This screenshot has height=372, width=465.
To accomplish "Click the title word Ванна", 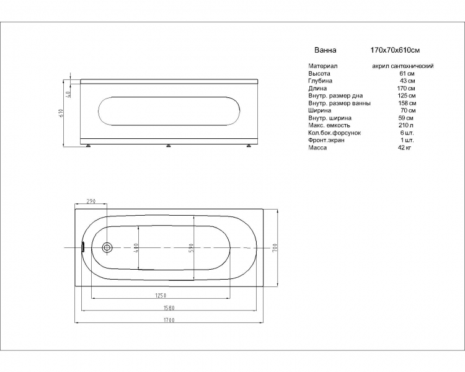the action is (325, 50).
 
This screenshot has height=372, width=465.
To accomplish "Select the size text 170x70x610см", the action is (395, 50).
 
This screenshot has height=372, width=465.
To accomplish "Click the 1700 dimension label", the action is (169, 320).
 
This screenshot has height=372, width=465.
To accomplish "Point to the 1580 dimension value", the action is (169, 308).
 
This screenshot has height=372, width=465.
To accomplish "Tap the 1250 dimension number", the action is (161, 295).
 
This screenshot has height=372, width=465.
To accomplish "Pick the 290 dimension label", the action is (91, 201).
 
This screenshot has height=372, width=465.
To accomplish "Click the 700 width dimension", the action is (275, 247).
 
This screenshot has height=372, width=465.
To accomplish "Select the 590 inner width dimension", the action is (192, 247).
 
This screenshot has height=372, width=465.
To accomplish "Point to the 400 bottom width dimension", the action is (136, 247).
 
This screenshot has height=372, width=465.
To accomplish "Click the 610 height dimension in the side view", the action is (61, 113).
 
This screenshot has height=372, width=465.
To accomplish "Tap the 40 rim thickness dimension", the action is (68, 95).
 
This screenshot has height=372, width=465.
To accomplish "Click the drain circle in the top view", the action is (107, 247).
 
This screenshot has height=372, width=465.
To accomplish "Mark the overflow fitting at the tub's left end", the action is (83, 247).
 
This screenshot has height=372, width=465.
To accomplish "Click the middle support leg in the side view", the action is (169, 145).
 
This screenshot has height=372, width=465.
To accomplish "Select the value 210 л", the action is (406, 125).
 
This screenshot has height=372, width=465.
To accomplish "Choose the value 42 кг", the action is (404, 148).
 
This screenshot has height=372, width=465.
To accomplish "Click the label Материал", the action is (322, 66).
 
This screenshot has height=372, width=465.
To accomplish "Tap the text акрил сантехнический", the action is (403, 66).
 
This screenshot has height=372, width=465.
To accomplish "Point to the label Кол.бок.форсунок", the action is (335, 133).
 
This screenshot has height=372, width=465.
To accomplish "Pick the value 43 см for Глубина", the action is (407, 81).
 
